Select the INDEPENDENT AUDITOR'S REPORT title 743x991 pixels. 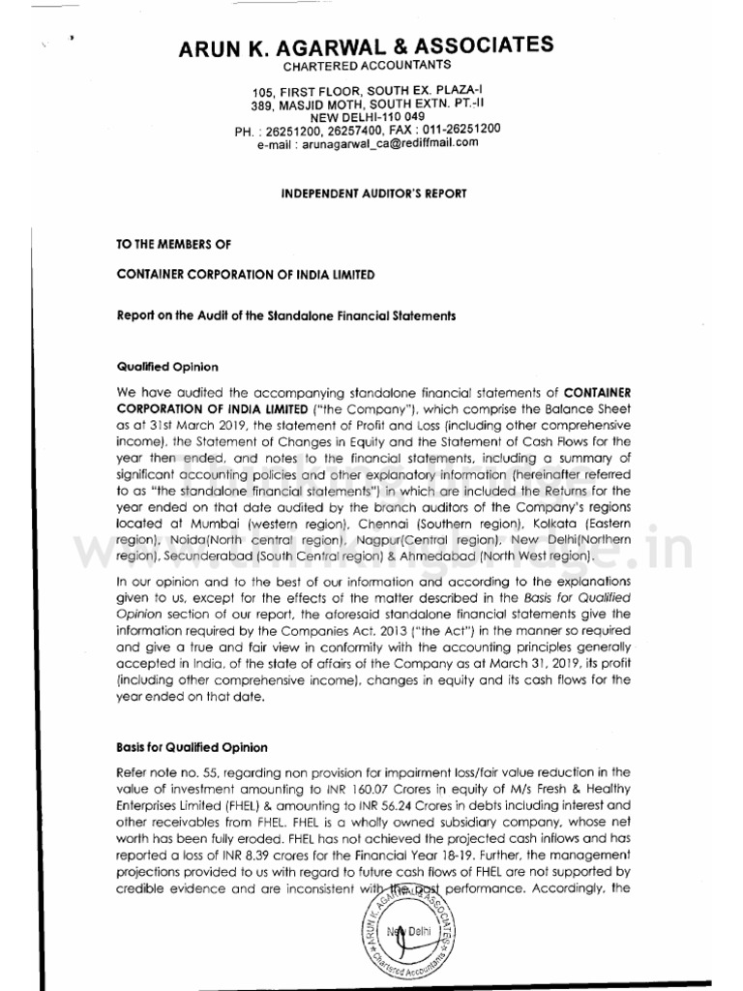373,194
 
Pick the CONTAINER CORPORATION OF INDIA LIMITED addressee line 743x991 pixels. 245,276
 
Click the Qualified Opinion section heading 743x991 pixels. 167,368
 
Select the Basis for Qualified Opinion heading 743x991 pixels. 192,747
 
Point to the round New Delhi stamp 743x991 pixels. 406,934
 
